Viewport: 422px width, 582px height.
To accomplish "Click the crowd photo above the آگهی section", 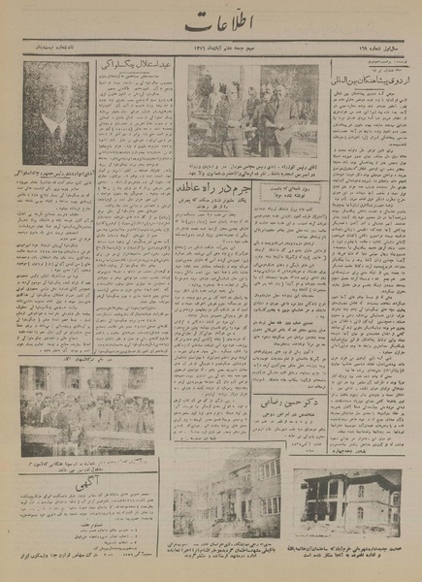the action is coord(84,398).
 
